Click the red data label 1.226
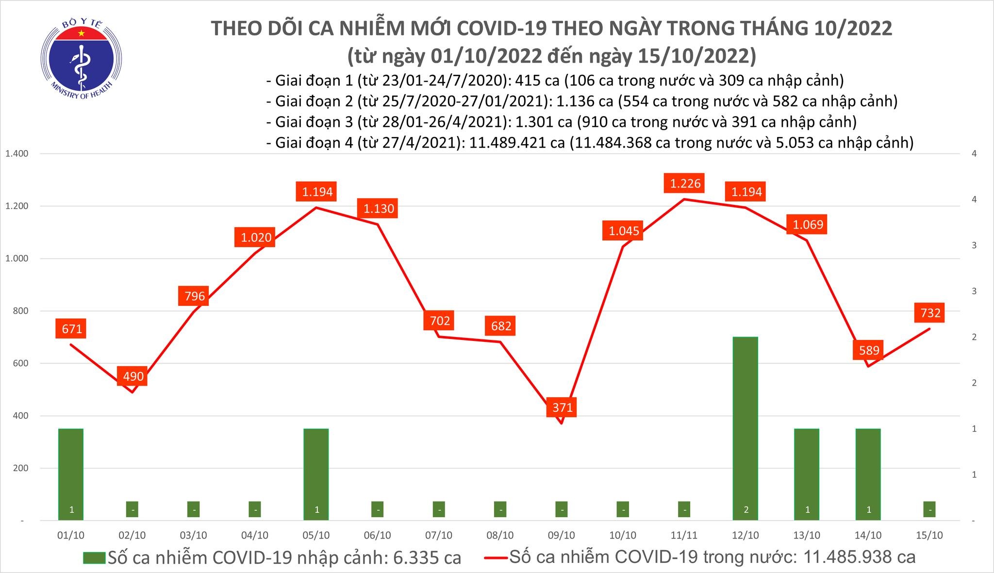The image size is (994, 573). tap(685, 184)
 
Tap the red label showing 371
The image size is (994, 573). tap(563, 407)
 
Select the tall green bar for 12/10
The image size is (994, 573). tap(745, 427)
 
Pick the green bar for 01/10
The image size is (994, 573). tap(71, 473)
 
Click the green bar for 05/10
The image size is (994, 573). tap(316, 473)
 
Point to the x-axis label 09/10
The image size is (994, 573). tap(562, 535)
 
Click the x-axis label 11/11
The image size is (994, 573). tap(684, 535)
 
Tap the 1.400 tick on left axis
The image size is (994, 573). tap(17, 154)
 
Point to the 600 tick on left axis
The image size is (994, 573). tap(21, 363)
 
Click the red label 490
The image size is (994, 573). tap(133, 376)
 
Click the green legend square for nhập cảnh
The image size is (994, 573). tap(94, 557)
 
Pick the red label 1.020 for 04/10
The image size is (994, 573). tap(256, 237)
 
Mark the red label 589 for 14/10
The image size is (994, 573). tap(869, 350)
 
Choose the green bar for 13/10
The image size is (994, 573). tap(807, 473)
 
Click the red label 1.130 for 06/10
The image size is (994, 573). tap(379, 208)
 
